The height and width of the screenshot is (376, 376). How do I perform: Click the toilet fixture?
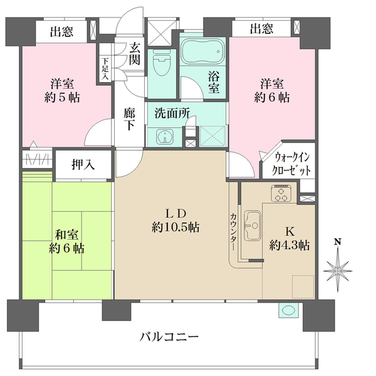162,63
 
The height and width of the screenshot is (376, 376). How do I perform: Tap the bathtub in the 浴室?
203,51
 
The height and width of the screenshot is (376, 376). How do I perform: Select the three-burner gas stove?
281,193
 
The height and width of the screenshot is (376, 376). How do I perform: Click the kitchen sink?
253,226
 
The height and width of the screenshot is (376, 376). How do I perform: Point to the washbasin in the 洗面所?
165,137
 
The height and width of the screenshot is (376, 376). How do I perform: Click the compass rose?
338,270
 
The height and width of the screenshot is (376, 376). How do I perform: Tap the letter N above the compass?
338,242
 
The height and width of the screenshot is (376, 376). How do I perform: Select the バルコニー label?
169,337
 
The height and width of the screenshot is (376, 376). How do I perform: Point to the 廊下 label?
130,119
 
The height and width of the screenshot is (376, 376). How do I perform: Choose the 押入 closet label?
83,164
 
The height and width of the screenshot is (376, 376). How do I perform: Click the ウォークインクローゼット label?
291,164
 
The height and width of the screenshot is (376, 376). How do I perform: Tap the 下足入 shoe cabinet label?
105,68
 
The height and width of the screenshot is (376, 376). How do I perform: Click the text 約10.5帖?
175,227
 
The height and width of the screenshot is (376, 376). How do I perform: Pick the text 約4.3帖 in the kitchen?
290,245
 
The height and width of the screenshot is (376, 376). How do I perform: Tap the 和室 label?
66,234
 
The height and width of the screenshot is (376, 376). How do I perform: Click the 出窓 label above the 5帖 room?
61,32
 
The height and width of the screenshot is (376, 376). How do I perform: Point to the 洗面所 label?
172,113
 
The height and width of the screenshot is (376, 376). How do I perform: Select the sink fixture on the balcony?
288,310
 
